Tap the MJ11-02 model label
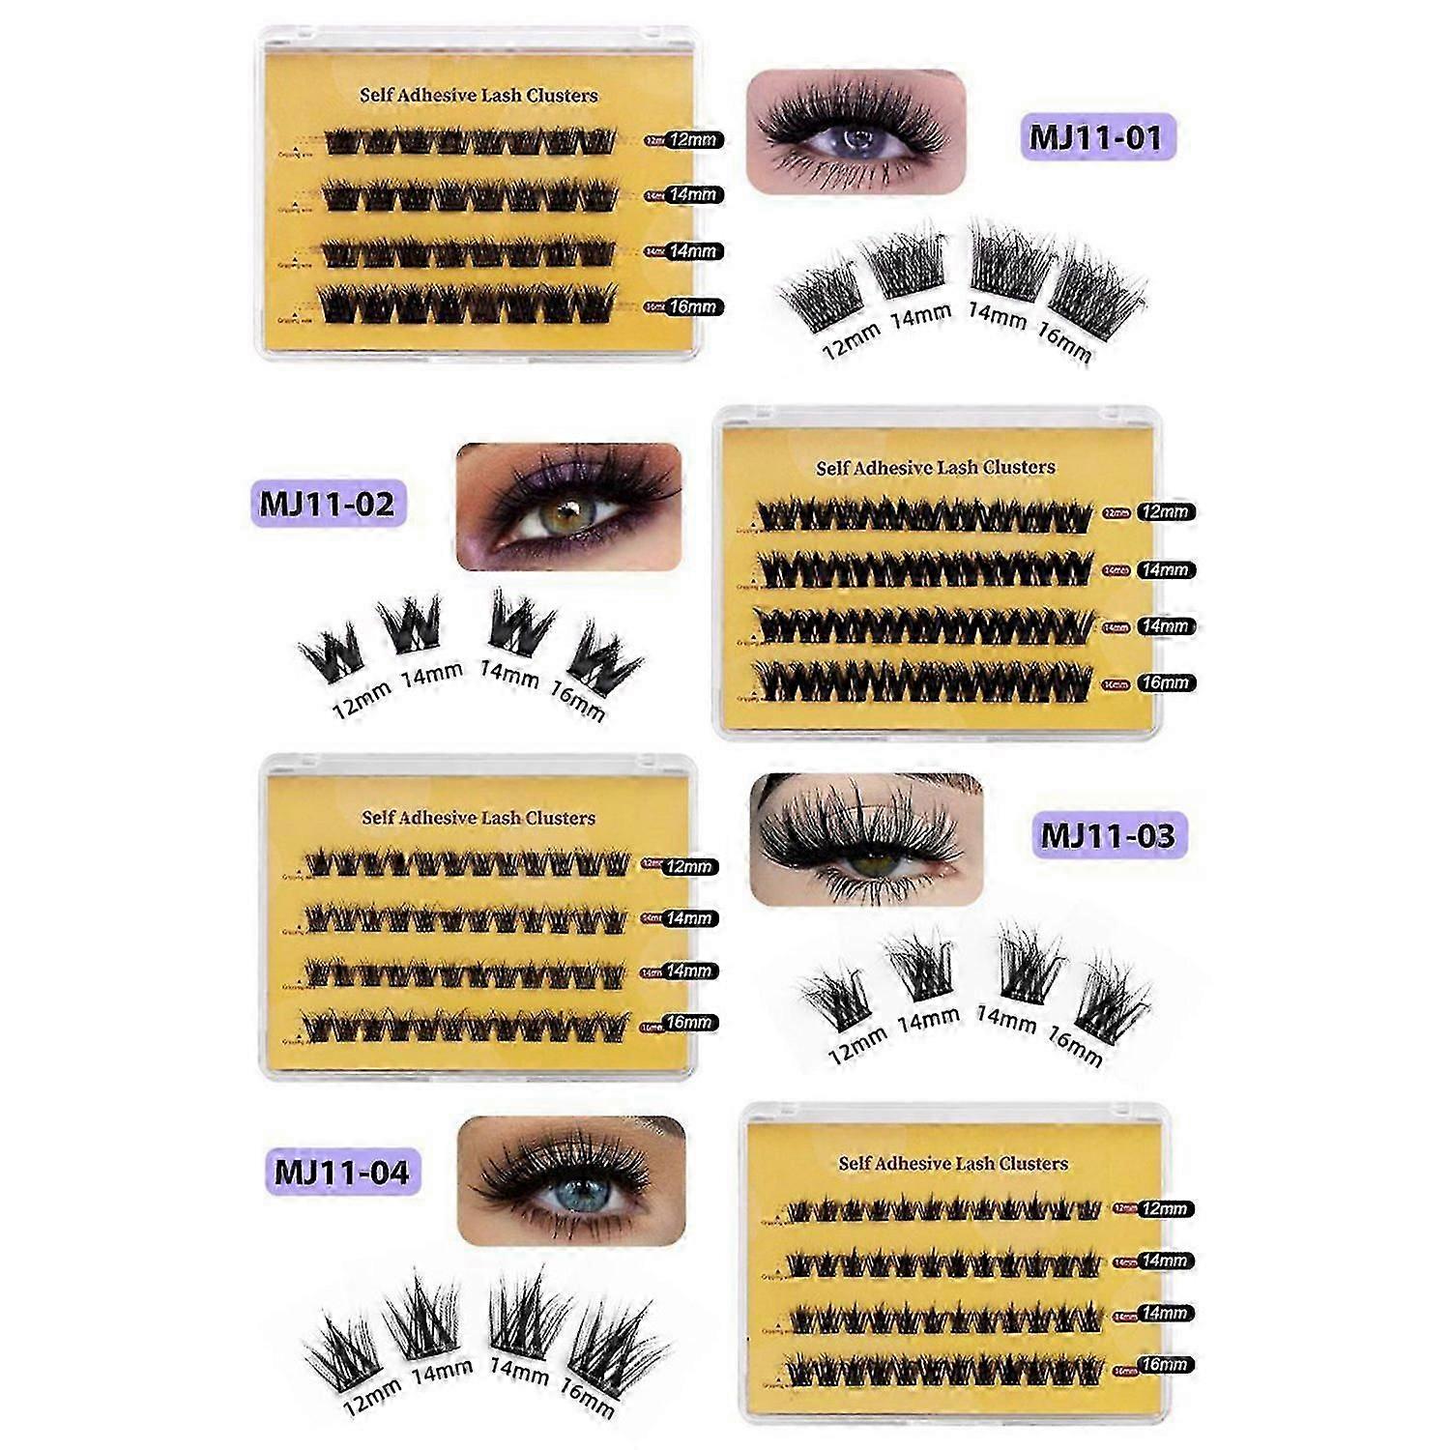tap(328, 503)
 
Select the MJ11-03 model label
tap(1109, 834)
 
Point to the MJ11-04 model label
tap(342, 1172)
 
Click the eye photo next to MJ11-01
tap(855, 130)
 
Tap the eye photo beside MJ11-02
tap(568, 506)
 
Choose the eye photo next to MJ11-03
tap(866, 838)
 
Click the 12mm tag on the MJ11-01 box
tap(693, 139)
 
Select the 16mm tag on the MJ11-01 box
tap(693, 307)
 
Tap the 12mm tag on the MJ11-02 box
tap(1164, 512)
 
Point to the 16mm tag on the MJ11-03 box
tap(688, 1022)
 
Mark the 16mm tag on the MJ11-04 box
tap(1164, 1365)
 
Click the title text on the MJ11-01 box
tap(478, 96)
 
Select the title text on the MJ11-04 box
tap(953, 1163)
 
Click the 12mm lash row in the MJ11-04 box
tap(944, 1208)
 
